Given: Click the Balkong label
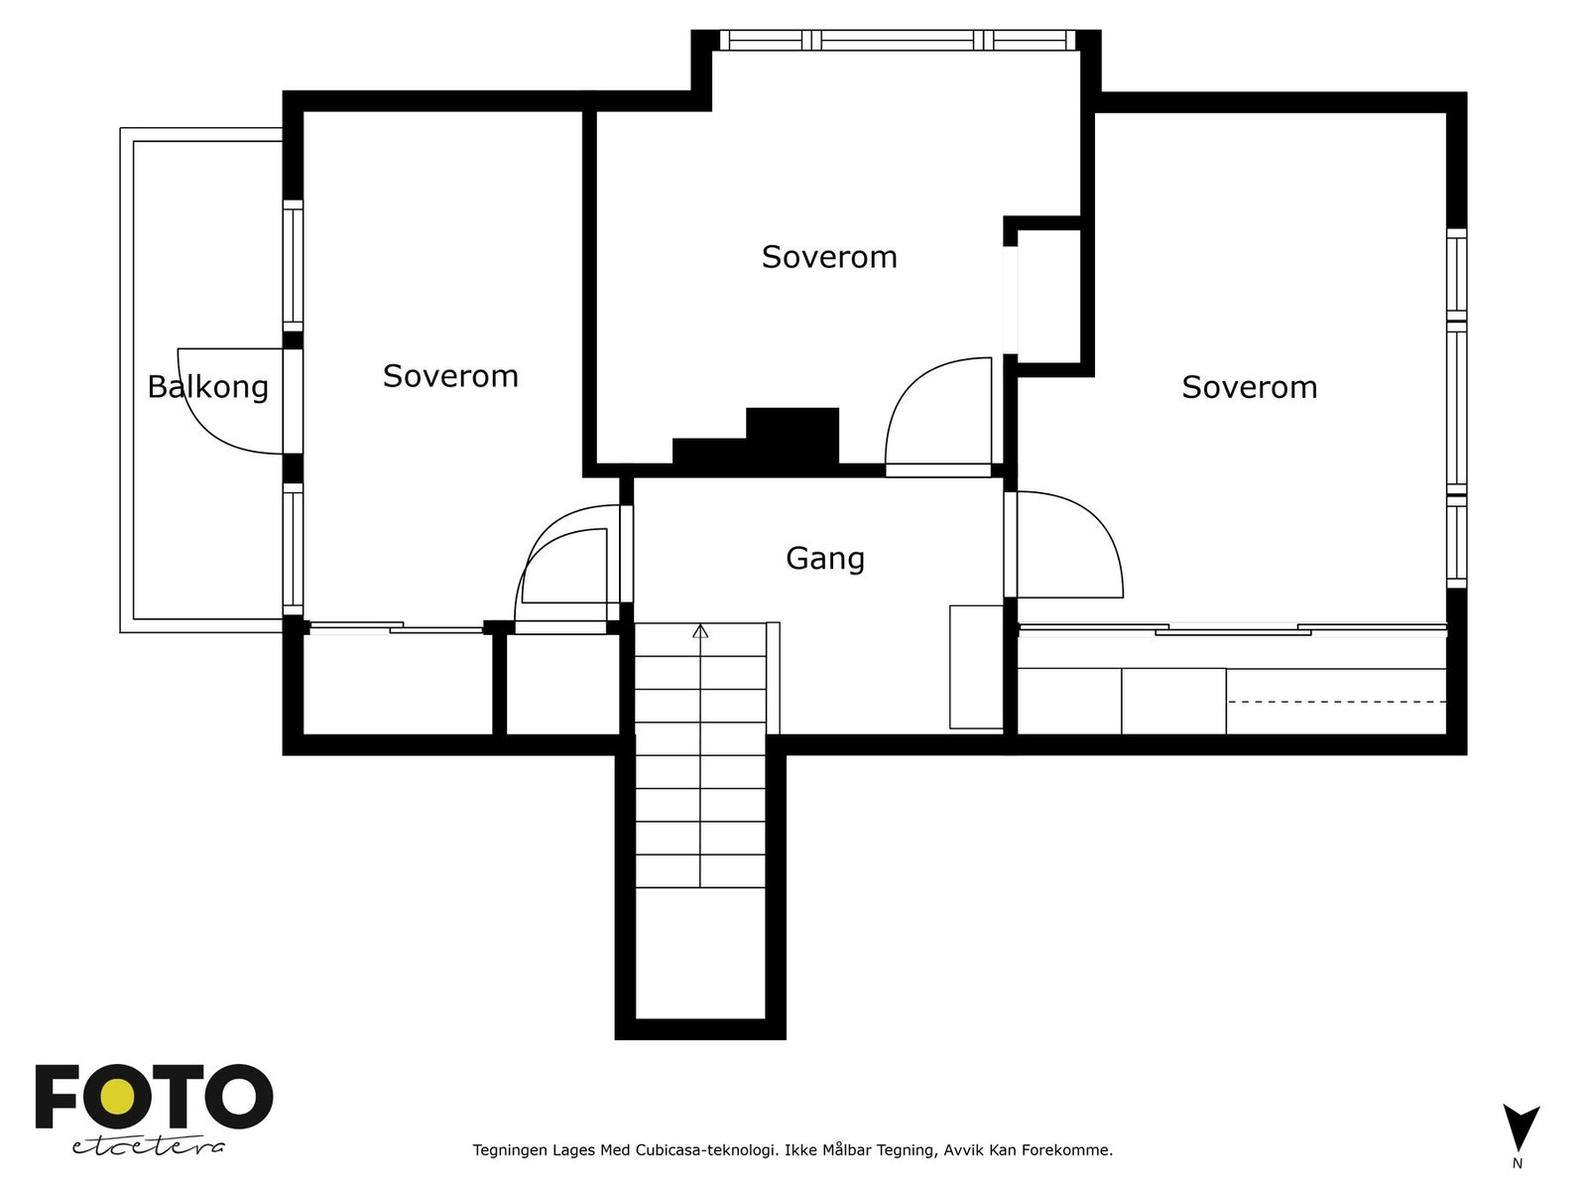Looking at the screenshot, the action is click(x=207, y=387).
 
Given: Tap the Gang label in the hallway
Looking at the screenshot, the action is click(x=825, y=559).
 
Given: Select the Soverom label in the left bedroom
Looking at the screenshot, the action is click(x=450, y=376).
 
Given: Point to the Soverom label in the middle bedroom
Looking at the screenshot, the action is click(x=829, y=257).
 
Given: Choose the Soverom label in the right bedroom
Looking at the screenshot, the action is click(x=1250, y=388).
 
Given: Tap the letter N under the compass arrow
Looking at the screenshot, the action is click(x=1518, y=1163).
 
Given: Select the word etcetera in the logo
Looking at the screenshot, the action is click(x=148, y=1147).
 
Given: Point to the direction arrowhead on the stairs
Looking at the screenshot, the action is click(x=700, y=631).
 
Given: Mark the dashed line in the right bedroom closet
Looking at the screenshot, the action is click(x=1336, y=702).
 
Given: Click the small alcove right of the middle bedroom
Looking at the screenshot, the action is click(x=1048, y=297).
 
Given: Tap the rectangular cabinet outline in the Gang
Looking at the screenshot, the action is click(x=976, y=667).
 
